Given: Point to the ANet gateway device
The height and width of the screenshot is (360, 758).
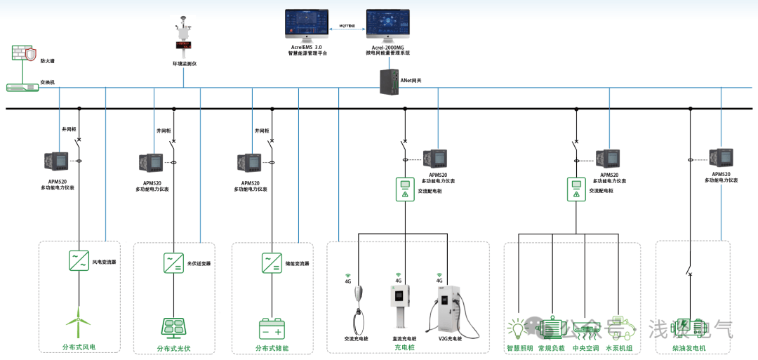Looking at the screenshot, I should tap(389, 80).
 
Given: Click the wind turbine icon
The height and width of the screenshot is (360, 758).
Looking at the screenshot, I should tap(78, 324).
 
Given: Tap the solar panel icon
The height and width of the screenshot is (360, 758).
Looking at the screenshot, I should tap(173, 327).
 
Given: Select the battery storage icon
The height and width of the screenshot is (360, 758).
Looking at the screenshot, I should tap(272, 328).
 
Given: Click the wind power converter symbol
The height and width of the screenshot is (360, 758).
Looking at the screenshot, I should tap(79, 261).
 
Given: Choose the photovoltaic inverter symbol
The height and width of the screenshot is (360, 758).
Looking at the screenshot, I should tap(174, 263).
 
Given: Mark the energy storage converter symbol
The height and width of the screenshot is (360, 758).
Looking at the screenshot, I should tap(272, 263).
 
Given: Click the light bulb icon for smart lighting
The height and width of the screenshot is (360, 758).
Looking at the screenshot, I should tap(518, 328).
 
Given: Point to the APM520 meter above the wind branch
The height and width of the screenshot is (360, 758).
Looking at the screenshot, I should tap(56, 163).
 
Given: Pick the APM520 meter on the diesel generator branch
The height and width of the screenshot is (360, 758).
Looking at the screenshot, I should tap(721, 157).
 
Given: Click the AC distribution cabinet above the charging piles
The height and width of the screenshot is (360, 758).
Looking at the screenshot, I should tap(404, 189).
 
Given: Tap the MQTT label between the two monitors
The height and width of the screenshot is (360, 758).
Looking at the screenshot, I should tap(347, 25).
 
